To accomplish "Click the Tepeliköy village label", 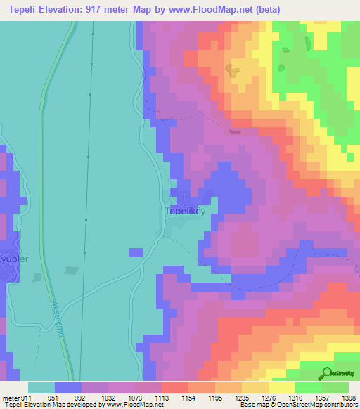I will [x=185, y=210].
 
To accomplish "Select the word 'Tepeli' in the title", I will [x=27, y=9].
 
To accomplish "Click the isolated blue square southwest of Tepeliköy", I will [x=136, y=252].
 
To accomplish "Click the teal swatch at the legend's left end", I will [x=41, y=387].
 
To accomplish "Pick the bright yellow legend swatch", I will [x=282, y=387].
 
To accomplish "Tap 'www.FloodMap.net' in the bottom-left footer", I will [x=128, y=405].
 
